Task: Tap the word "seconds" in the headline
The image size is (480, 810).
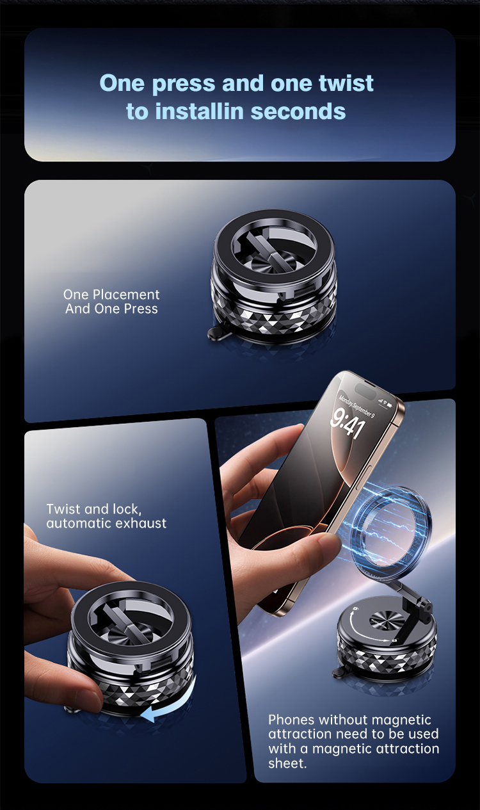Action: pyautogui.click(x=298, y=111)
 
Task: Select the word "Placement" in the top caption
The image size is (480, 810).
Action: pyautogui.click(x=126, y=295)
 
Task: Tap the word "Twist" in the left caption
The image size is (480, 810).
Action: pyautogui.click(x=63, y=509)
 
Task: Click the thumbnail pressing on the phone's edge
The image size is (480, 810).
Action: pyautogui.click(x=330, y=545)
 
